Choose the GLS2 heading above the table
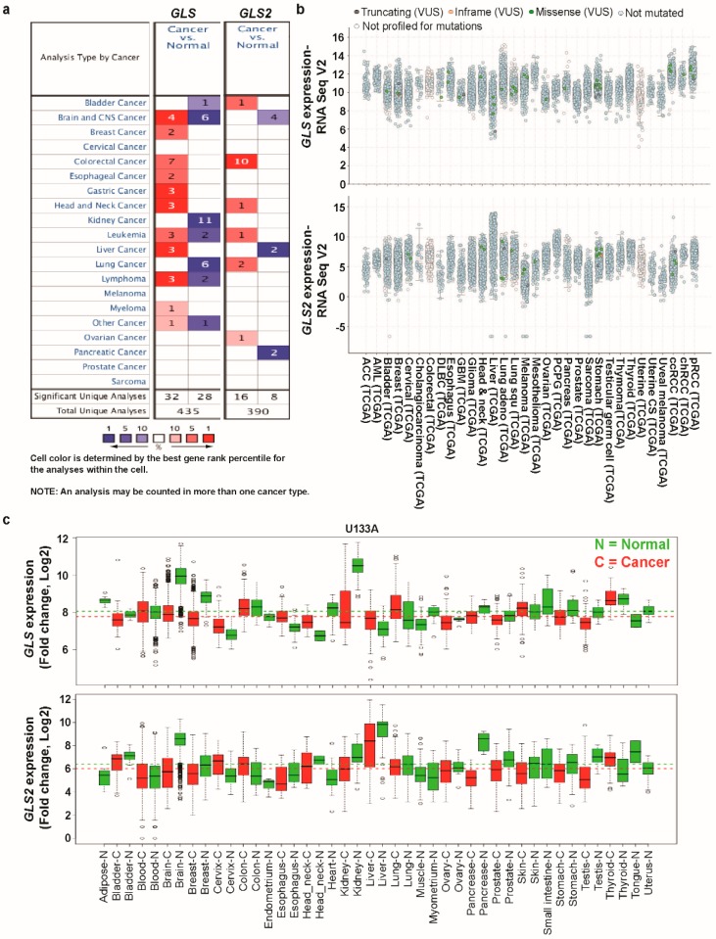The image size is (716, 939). coord(252,17)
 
